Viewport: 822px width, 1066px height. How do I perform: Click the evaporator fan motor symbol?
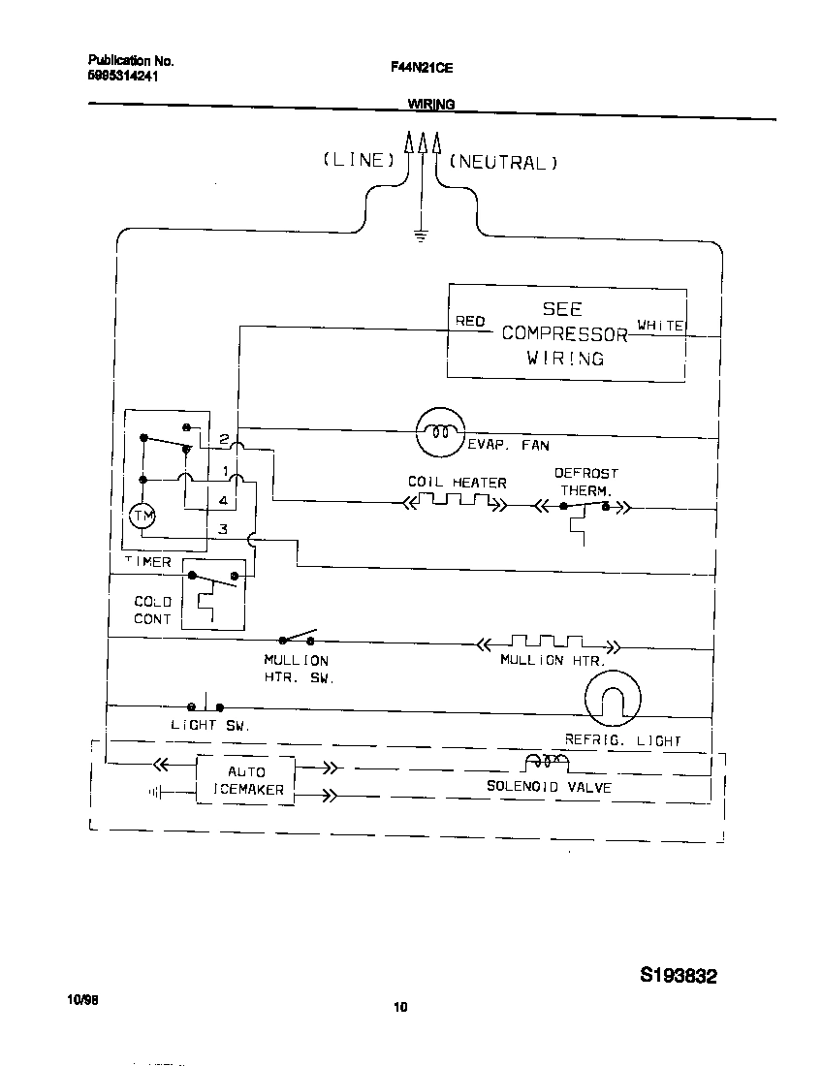click(x=441, y=432)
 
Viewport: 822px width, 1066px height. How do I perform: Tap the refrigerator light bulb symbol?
click(x=614, y=697)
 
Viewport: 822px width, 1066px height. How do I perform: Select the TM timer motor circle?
click(x=142, y=517)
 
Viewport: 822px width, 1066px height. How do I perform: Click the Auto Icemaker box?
click(x=246, y=780)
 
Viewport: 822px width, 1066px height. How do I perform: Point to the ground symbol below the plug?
click(x=420, y=234)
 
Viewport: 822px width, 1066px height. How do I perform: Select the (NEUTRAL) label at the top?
click(x=504, y=162)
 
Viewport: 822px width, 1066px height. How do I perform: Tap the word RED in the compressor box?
click(x=470, y=321)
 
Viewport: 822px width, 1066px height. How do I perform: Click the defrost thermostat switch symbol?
click(x=585, y=506)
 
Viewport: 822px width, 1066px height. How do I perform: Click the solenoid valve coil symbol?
click(x=546, y=763)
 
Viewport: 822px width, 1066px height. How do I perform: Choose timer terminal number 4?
click(x=223, y=501)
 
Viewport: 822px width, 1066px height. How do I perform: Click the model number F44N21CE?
click(x=422, y=68)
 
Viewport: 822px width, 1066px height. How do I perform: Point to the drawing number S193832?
click(x=678, y=976)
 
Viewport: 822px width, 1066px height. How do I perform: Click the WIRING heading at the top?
click(x=431, y=104)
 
